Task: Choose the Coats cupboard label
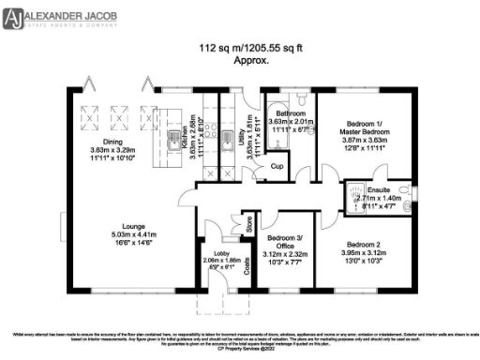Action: [247, 267]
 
